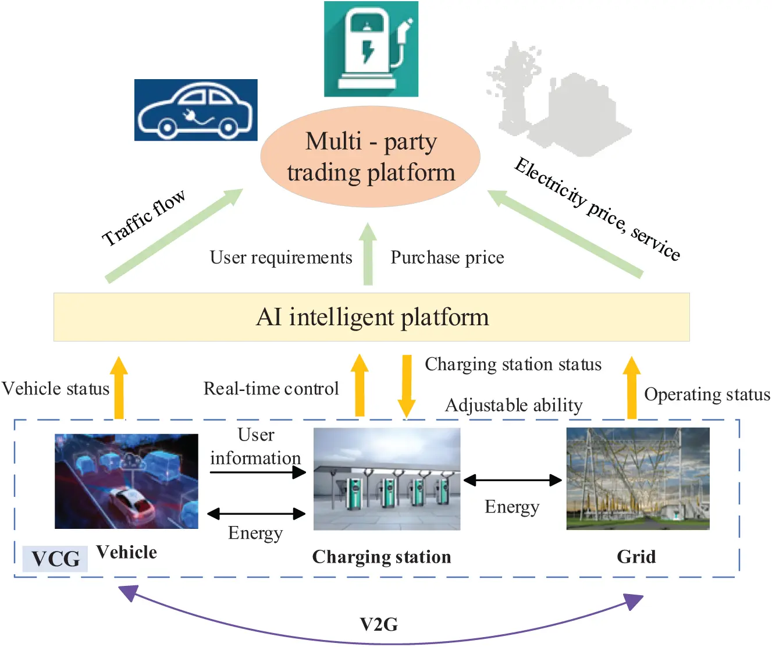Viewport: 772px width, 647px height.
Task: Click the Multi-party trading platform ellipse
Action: coord(370,157)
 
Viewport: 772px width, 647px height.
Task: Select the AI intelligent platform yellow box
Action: coord(371,317)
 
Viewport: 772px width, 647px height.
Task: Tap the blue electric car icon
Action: coord(195,110)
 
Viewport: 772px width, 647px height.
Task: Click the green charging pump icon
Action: coord(371,49)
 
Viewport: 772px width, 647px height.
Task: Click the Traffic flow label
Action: coord(144,218)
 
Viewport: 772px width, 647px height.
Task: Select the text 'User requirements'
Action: coord(281,257)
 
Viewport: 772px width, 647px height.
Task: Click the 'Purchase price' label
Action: coord(447,257)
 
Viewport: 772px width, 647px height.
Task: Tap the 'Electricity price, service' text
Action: coord(597,209)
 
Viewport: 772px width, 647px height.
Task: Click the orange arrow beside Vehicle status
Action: coord(119,388)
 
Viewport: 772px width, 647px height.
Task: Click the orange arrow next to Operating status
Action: coord(631,388)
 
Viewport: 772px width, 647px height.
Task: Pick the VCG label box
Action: coord(55,559)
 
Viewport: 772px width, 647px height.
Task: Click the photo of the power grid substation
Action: coord(638,478)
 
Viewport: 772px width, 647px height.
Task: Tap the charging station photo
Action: coord(386,479)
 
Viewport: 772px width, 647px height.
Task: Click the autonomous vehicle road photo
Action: coord(126,481)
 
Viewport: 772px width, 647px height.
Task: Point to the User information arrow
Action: coord(258,472)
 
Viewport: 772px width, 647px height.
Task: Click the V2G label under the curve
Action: coord(379,624)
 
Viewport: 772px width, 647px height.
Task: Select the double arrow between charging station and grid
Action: coord(512,480)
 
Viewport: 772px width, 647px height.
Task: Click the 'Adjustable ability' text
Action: coord(514,405)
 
